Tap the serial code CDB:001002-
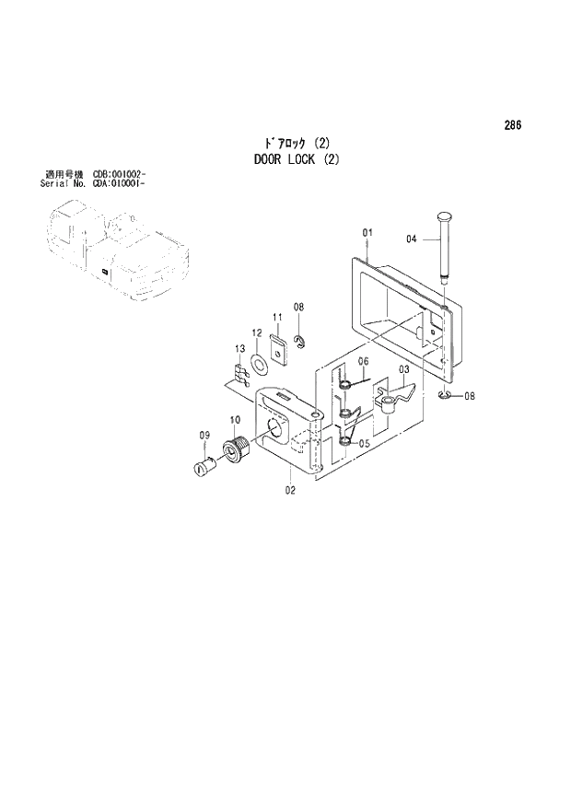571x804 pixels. (119, 174)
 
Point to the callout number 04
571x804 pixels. (412, 239)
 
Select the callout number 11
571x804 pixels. (275, 318)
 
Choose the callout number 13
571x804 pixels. (239, 348)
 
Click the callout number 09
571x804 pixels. (204, 435)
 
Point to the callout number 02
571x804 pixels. (290, 491)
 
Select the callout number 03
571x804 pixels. (403, 369)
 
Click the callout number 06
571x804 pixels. (363, 360)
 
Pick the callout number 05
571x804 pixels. (365, 443)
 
